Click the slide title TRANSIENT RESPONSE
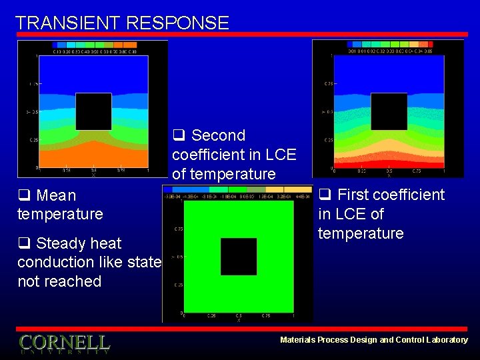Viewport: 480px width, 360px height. point(122,23)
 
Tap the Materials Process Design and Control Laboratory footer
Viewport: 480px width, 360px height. point(373,340)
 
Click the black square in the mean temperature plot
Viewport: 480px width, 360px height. point(93,111)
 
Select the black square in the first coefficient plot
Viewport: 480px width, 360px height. point(389,111)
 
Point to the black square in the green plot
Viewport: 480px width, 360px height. point(239,257)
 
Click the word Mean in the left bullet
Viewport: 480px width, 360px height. point(56,196)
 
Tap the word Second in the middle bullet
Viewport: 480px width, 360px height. point(218,136)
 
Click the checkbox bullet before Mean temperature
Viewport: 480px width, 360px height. point(24,196)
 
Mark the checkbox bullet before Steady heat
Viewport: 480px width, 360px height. point(24,243)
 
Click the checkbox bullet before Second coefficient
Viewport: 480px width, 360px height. point(178,136)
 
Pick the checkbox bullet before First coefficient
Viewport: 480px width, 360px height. point(325,195)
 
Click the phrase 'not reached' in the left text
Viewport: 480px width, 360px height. point(59,281)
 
